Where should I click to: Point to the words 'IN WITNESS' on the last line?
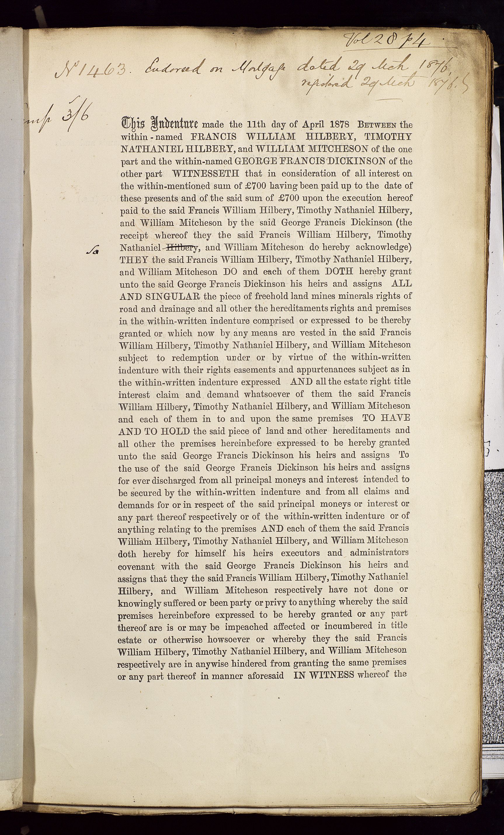(324, 675)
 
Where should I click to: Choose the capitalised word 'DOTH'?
(339, 271)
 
